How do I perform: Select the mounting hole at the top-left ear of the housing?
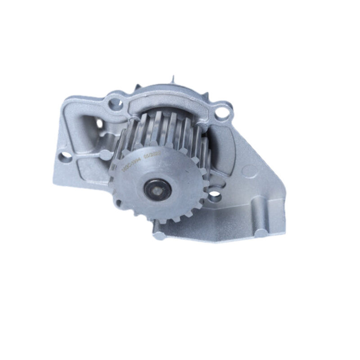click(116, 104)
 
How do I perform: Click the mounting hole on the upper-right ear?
click(222, 112)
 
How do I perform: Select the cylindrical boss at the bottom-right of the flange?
click(261, 233)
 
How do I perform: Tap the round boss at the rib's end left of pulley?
click(106, 154)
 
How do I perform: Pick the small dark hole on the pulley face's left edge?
click(118, 203)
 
